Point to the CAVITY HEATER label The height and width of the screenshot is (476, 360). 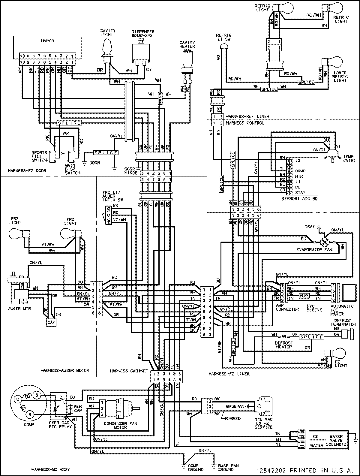click(x=187, y=44)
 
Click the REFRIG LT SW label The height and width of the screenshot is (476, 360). click(x=224, y=37)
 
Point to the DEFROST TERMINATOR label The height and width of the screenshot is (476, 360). click(x=339, y=322)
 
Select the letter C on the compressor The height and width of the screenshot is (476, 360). click(x=17, y=399)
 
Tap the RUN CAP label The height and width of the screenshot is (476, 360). click(x=78, y=408)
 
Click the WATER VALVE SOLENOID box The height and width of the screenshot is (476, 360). click(x=328, y=441)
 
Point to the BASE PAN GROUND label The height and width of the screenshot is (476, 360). click(x=228, y=467)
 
